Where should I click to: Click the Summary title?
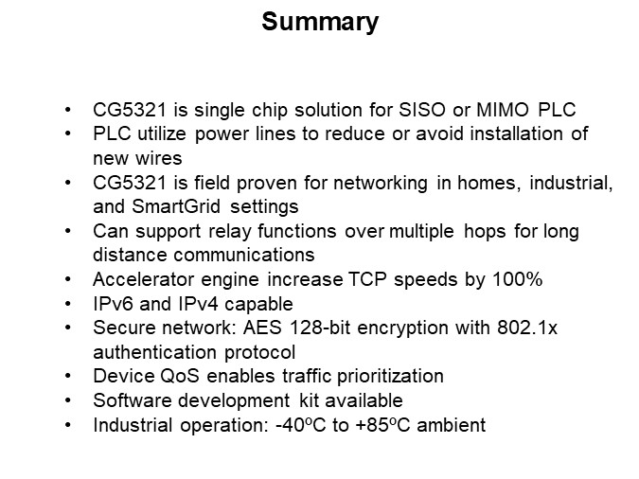point(319,22)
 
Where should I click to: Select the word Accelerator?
point(139,279)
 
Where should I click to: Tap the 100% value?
point(492,279)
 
